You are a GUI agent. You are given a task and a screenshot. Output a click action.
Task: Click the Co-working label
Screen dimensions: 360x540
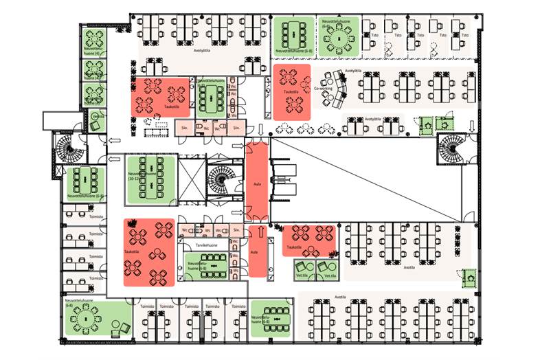click(323, 89)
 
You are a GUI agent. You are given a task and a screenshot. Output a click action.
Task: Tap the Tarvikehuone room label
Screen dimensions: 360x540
click(205, 245)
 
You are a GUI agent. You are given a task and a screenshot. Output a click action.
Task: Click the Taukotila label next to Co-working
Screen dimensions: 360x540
click(291, 91)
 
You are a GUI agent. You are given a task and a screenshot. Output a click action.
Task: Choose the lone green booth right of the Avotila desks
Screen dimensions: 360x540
click(470, 277)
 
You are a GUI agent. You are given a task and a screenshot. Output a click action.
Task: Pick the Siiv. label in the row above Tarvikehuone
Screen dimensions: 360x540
click(236, 229)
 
